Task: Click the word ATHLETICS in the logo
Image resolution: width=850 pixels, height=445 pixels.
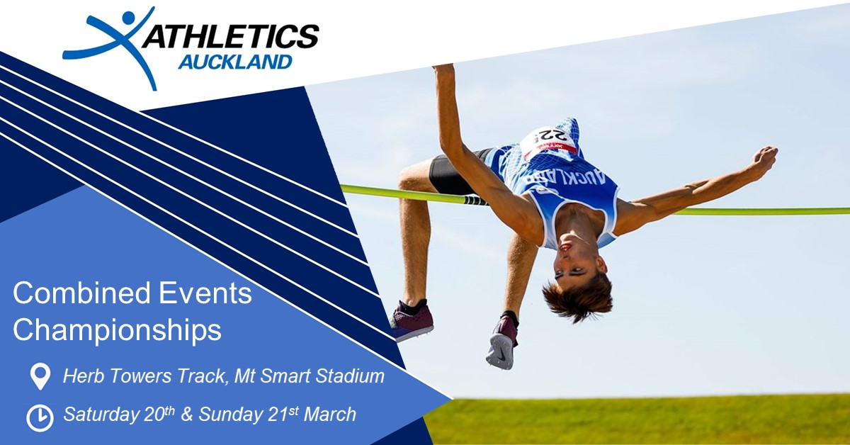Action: pos(231,36)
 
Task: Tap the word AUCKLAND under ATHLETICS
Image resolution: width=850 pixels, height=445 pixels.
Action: pos(234,63)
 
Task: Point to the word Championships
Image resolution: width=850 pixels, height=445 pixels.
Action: pos(117,330)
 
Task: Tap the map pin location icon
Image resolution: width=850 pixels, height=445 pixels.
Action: pos(40,376)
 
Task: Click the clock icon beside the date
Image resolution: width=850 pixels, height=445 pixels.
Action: pos(40,417)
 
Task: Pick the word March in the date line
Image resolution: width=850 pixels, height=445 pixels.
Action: pos(329,415)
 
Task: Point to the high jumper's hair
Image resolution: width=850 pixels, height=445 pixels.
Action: pos(577,298)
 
